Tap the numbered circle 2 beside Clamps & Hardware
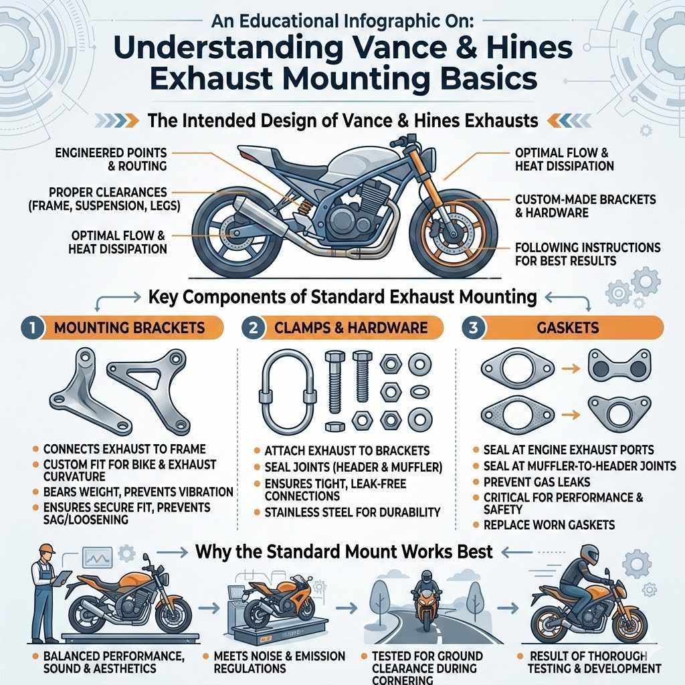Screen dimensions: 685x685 (252, 328)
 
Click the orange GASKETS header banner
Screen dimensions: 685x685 (577, 328)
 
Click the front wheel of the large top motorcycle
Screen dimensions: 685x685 (454, 234)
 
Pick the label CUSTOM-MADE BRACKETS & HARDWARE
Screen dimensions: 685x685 (586, 206)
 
